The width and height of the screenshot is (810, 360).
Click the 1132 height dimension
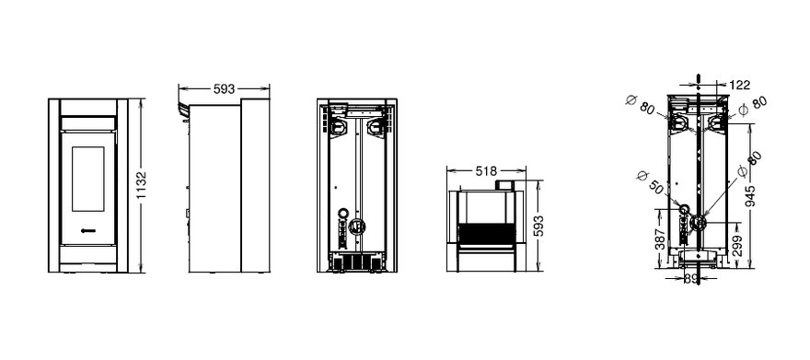click(x=142, y=186)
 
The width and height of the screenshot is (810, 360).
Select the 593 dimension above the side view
click(x=225, y=89)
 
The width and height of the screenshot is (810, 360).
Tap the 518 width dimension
click(x=486, y=170)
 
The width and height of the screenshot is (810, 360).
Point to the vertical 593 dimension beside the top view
click(x=538, y=226)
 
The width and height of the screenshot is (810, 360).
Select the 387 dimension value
click(x=661, y=239)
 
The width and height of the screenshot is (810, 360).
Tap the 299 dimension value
click(x=737, y=246)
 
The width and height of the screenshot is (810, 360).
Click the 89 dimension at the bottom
click(x=691, y=279)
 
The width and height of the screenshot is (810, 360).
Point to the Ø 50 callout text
click(x=650, y=182)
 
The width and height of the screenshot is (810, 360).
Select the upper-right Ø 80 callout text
click(x=753, y=105)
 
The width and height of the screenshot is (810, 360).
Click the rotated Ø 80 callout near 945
click(x=749, y=166)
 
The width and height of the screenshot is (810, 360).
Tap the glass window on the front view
click(x=87, y=179)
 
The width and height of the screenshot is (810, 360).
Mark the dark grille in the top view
click(x=487, y=234)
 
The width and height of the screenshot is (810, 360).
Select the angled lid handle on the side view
click(x=184, y=110)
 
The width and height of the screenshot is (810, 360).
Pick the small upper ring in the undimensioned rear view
click(x=342, y=213)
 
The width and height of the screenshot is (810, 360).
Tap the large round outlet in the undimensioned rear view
click(x=356, y=226)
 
